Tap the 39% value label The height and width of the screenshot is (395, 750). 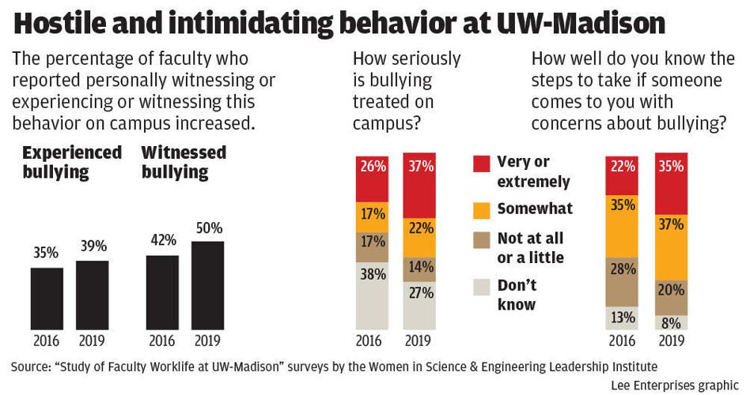point(92,246)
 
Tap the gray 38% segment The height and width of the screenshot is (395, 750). point(373,295)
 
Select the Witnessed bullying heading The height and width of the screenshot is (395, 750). point(184,162)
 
